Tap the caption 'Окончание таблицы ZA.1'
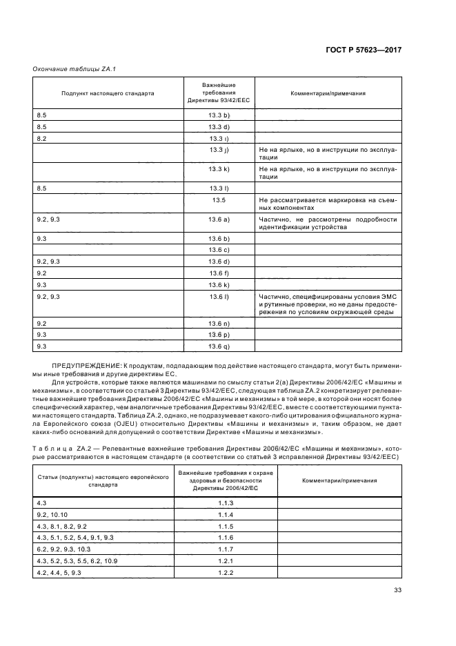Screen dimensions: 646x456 65,69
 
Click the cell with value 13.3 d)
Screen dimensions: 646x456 219,127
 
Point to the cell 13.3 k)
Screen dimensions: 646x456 219,168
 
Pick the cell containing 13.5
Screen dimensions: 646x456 219,199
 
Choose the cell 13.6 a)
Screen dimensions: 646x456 219,219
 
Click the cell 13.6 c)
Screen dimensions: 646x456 219,249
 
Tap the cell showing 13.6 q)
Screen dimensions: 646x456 219,346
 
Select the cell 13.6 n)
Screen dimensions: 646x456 219,323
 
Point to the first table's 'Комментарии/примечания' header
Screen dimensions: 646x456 328,92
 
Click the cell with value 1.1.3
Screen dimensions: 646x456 226,503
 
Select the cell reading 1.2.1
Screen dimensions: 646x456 226,561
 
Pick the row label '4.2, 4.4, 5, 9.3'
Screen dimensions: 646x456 59,573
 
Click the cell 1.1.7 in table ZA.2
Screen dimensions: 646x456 226,549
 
